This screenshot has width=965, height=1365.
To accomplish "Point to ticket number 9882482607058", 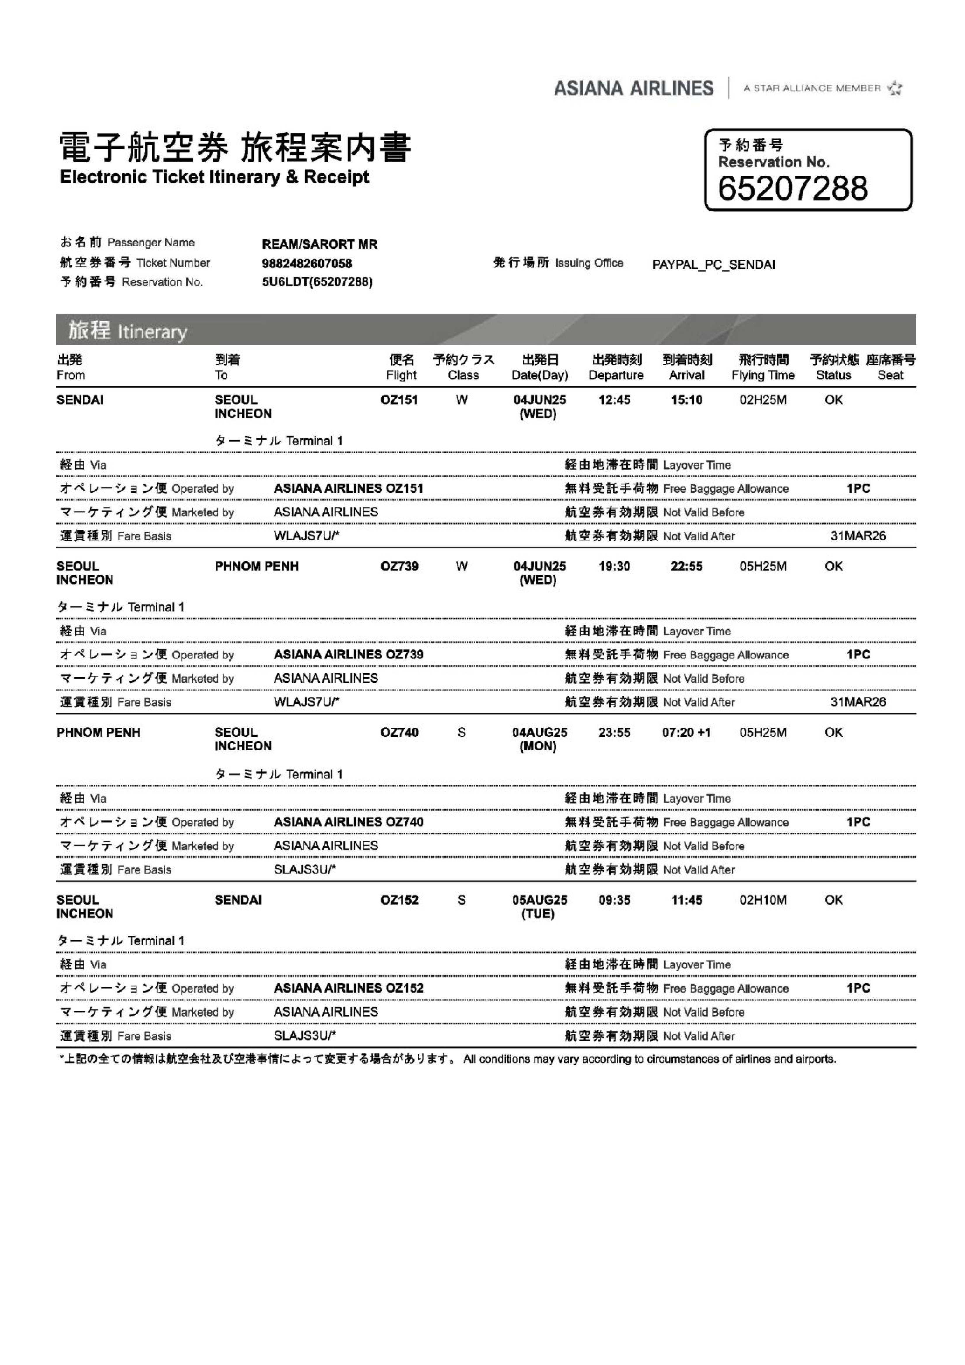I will click(307, 263).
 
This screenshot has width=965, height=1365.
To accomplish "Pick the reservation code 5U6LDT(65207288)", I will click(317, 282).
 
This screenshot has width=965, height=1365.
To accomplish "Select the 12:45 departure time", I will click(614, 400).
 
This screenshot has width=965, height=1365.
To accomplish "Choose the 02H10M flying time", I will click(763, 900).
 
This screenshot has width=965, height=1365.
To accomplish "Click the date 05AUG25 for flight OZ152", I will click(539, 900).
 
